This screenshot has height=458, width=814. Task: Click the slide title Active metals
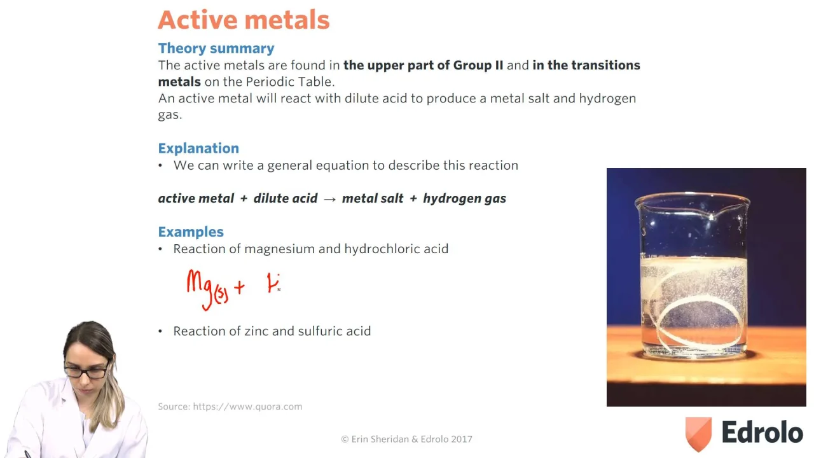pos(244,20)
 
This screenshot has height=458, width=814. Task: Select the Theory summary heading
pos(216,48)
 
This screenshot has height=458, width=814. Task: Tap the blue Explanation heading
pos(198,148)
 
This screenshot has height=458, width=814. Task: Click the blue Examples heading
pos(191,232)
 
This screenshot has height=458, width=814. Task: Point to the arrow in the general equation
pos(329,199)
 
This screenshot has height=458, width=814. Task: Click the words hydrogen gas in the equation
pos(464,198)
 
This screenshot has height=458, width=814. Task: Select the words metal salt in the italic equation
pos(373,198)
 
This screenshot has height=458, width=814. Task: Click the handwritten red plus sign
pos(239,288)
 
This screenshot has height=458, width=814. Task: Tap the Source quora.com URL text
pos(247,406)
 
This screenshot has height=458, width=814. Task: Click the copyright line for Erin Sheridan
pos(406,439)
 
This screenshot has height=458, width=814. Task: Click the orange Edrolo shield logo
pos(698,433)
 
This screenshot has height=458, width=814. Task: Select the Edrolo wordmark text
pos(762,432)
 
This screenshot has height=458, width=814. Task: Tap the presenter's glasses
pos(86,371)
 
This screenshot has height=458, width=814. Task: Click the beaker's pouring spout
pos(711,217)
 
